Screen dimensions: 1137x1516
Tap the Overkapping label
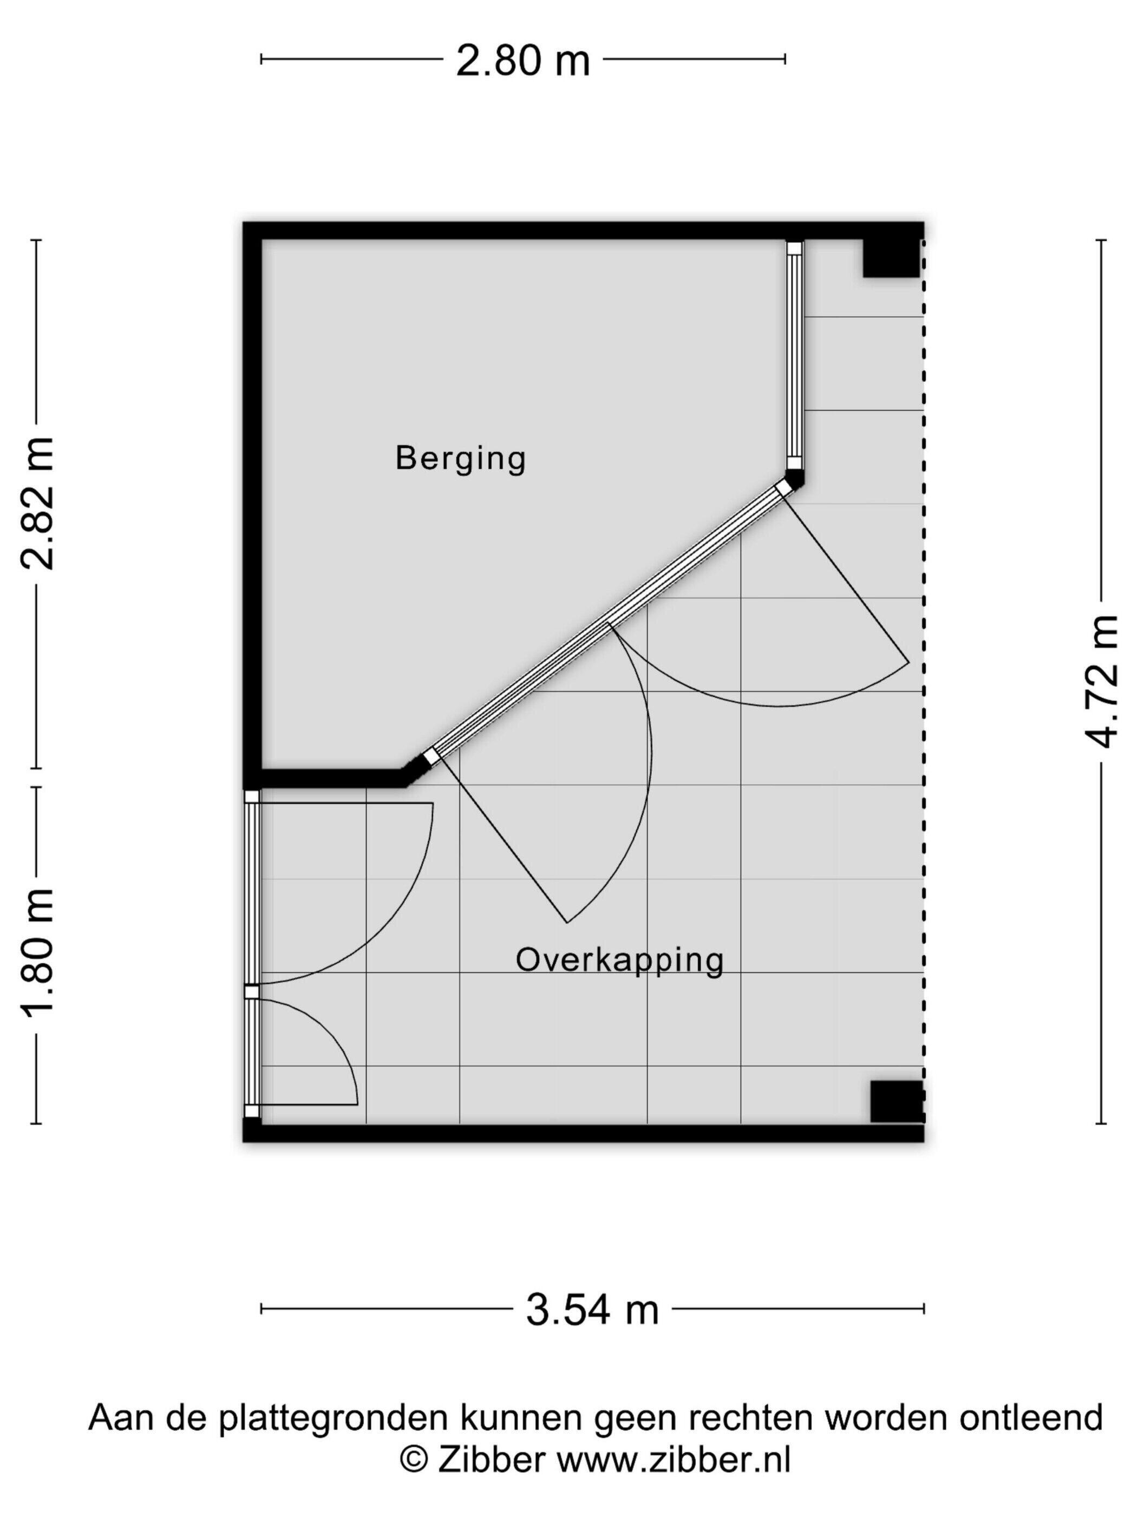(x=619, y=961)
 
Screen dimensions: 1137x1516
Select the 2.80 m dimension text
(x=522, y=60)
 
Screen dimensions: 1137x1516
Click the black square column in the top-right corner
(x=890, y=259)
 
